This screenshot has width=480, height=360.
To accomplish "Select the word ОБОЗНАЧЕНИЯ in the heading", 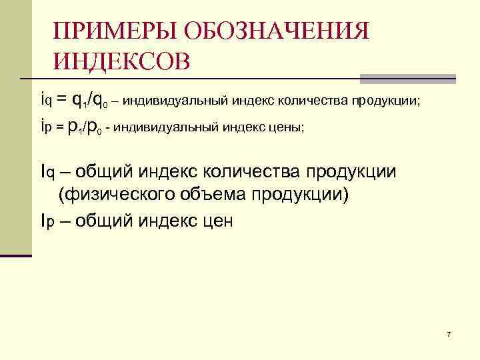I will point(275,31).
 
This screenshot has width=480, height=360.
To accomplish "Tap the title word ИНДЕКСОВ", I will point(123,61).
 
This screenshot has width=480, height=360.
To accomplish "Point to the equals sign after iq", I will point(61,101).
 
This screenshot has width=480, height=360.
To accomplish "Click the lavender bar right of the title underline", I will point(408,79).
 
